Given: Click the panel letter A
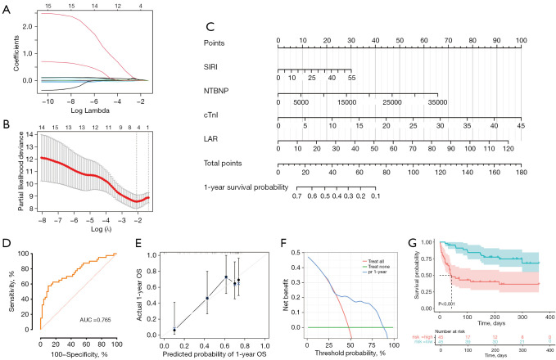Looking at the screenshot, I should (x=7, y=7).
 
